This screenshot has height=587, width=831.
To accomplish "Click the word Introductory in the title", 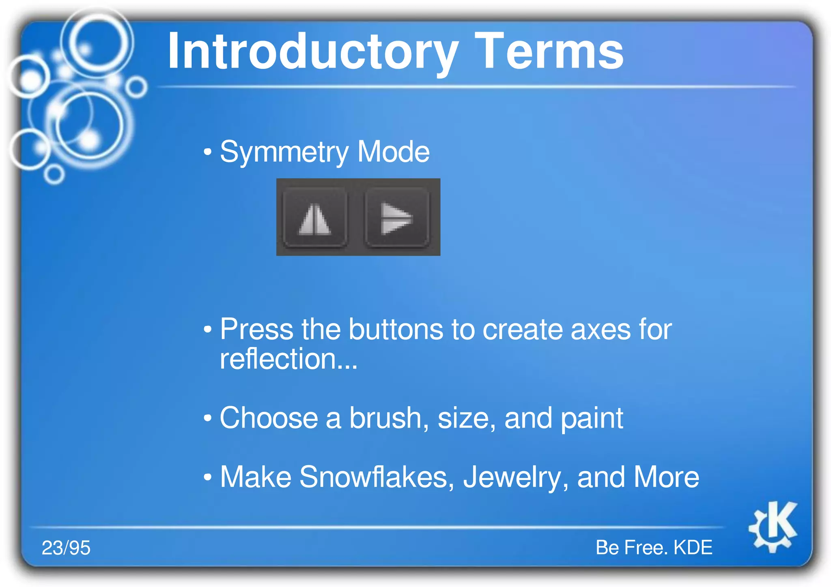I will pos(312,52).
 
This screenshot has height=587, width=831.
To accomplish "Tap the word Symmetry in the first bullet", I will pos(284,152).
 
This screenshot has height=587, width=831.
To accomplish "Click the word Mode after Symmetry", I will pos(393,152).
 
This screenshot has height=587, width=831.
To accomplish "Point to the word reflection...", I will pos(278,359).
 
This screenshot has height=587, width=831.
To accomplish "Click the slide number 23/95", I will pos(66,548).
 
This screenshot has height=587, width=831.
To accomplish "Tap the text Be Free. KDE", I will pos(654,548).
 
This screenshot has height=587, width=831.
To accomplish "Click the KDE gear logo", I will pos(773,527).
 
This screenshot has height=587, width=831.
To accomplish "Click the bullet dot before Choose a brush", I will pos(208,418).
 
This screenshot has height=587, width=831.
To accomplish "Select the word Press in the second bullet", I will pos(256,329).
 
